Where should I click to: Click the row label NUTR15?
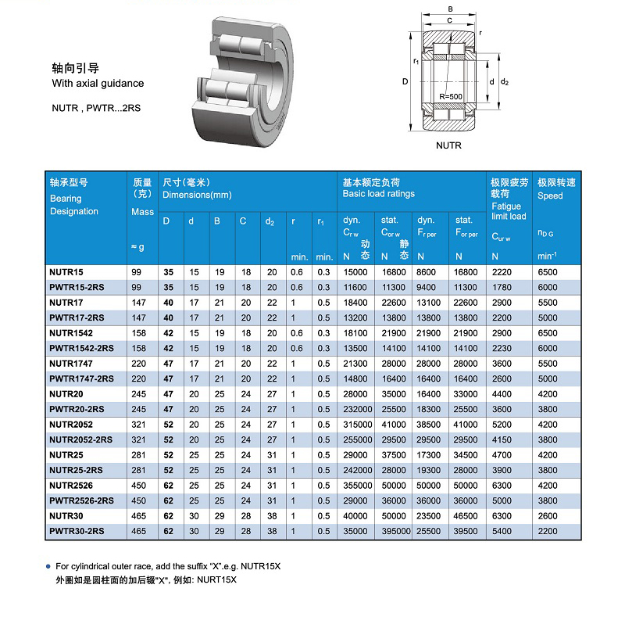(66, 272)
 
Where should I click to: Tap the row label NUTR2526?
(71, 486)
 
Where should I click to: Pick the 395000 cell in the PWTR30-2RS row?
(395, 532)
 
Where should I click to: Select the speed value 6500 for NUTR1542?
(548, 333)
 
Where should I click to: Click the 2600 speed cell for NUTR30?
(548, 516)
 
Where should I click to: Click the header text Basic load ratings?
(379, 194)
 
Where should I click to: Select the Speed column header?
(550, 196)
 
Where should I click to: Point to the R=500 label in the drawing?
(450, 96)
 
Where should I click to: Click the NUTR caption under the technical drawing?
(448, 145)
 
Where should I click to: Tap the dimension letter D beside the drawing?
(405, 81)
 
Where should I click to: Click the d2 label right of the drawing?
(505, 81)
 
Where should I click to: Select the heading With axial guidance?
(98, 83)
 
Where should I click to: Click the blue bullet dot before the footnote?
(48, 565)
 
